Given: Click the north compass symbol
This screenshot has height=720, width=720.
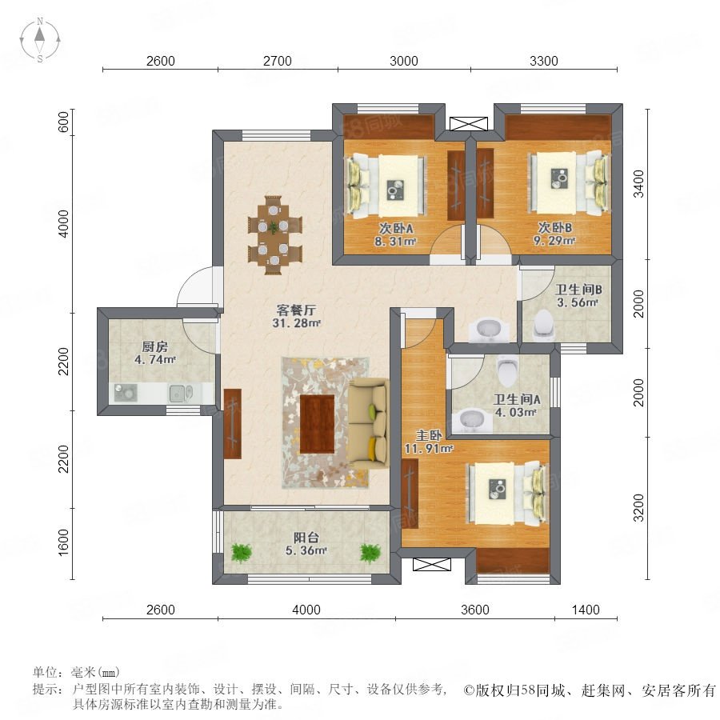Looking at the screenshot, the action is (40, 40).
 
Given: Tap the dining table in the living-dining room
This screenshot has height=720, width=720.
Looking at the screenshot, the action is (274, 235).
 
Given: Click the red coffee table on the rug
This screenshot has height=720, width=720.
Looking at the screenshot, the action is (317, 423).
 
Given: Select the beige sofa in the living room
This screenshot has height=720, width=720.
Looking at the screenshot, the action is (367, 423).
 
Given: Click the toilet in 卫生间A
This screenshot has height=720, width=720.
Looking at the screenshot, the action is (507, 370).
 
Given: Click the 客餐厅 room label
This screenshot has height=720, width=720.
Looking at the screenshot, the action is (296, 310).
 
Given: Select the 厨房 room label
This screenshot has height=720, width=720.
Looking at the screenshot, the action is (154, 346).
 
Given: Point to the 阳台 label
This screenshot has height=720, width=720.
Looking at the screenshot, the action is (306, 538).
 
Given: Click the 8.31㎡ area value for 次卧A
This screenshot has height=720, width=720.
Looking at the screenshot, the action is (395, 241).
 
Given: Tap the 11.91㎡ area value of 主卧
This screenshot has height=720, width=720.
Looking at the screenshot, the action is (429, 448).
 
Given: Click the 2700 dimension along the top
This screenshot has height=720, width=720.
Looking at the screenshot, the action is (278, 61).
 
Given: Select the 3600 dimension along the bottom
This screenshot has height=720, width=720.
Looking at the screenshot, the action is (475, 610).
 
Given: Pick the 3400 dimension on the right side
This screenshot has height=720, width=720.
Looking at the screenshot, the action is (638, 184).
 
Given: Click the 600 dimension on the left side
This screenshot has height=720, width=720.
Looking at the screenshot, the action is (64, 122).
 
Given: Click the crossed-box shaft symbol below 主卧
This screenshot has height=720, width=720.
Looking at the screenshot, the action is (432, 564).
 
